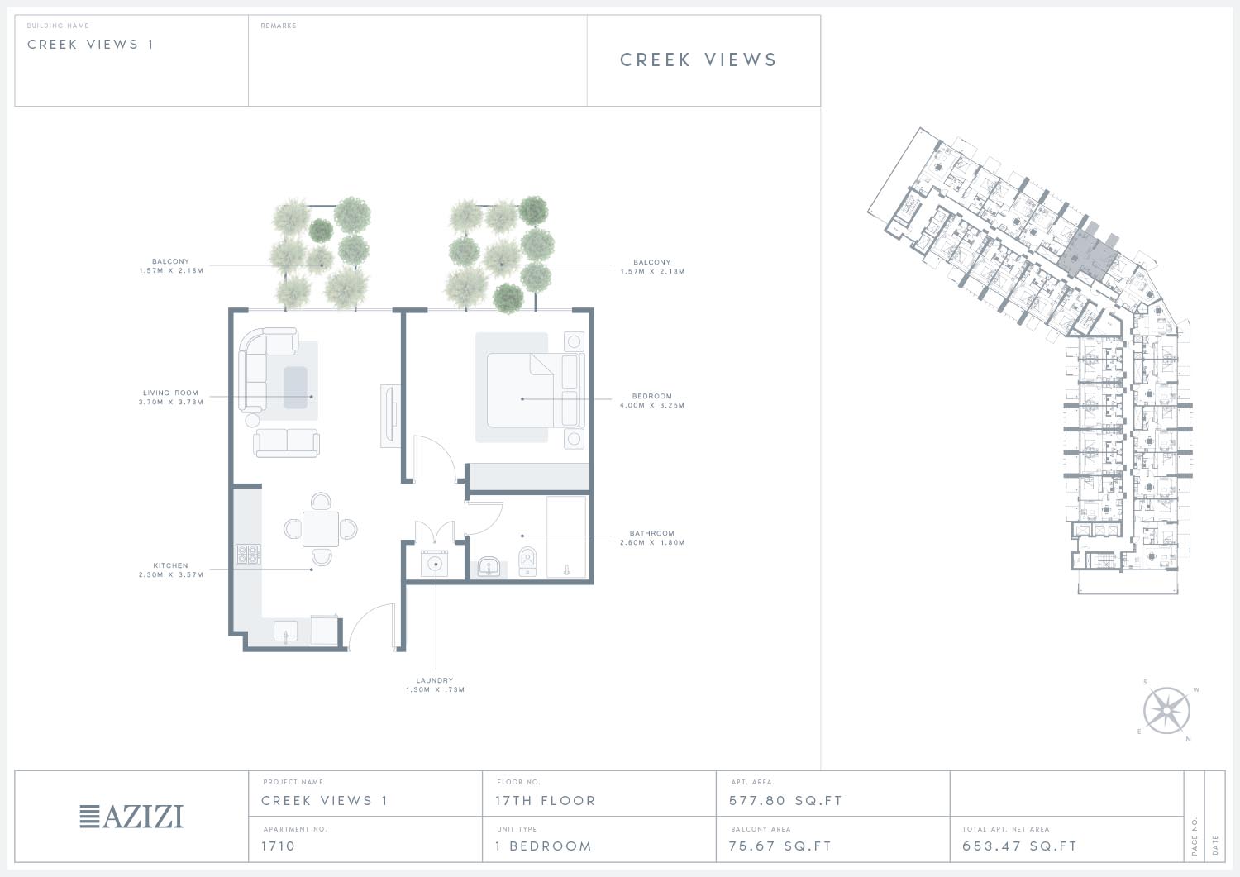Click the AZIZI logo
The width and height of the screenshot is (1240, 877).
pos(131,817)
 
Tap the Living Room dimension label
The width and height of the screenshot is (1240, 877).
pos(171,402)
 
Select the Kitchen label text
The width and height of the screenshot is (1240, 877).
pos(170,565)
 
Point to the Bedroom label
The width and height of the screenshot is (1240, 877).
pos(652,396)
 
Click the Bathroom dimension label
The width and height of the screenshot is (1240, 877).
pos(652,542)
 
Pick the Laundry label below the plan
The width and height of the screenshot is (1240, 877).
pos(435,680)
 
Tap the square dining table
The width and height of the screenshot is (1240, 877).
pos(321,529)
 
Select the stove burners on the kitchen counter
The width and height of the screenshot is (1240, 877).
pos(248,554)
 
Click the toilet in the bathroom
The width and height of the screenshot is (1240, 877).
pos(527,562)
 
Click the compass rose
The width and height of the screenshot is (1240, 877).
pos(1166,711)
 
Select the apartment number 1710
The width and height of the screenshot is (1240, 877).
pos(279,846)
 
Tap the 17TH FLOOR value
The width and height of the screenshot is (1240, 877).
pos(546,801)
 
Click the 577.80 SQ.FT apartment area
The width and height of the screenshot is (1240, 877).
pos(785,801)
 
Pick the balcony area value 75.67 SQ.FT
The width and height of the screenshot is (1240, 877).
pos(780,846)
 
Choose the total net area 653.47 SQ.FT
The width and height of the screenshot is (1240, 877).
pos(1019,846)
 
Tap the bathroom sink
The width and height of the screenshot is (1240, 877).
pos(489,568)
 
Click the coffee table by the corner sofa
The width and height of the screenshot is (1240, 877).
pos(296,388)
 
